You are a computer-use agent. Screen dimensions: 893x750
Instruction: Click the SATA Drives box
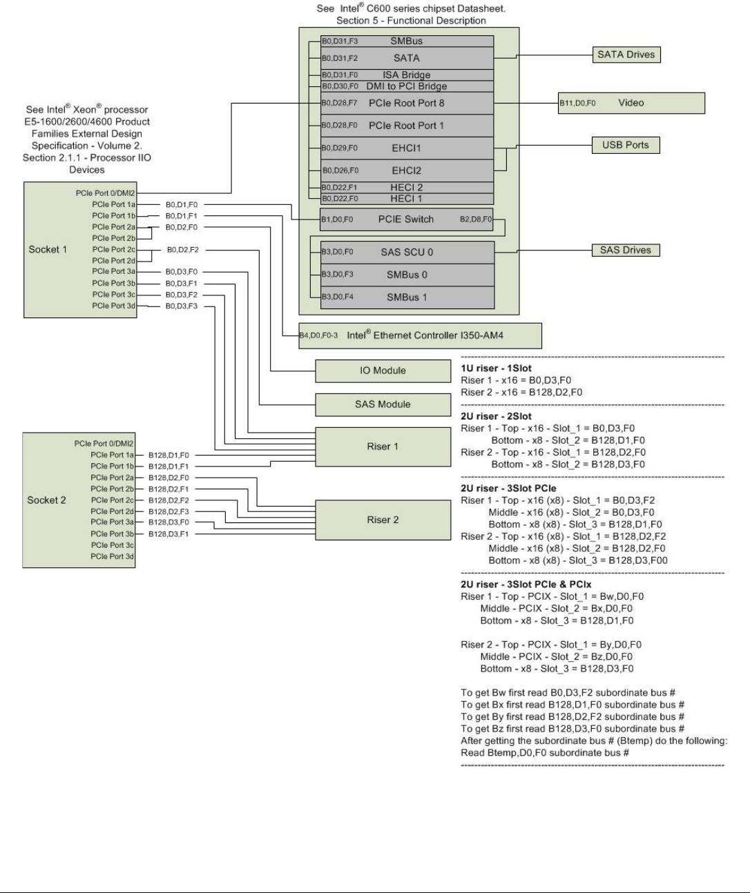click(x=626, y=55)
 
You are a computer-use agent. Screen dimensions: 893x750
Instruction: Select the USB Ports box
click(x=626, y=145)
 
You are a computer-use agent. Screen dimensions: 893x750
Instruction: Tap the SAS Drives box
click(x=626, y=250)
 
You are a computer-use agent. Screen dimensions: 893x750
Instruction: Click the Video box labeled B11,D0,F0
click(x=631, y=103)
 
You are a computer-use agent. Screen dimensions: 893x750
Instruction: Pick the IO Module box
click(x=383, y=371)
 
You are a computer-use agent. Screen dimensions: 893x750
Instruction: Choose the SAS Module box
click(x=383, y=404)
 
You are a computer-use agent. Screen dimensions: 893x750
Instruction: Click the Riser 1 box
click(x=383, y=446)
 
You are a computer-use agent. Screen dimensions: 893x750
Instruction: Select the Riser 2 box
click(x=383, y=520)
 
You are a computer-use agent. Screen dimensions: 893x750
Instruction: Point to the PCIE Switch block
click(x=406, y=219)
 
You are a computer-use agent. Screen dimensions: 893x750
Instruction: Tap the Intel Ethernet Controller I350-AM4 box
click(x=420, y=335)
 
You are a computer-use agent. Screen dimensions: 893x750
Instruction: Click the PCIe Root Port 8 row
click(x=407, y=103)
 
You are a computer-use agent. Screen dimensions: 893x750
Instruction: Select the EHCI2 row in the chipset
click(x=407, y=170)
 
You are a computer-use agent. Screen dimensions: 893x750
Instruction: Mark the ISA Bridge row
click(x=407, y=75)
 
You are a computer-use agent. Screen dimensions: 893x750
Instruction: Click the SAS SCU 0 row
click(x=407, y=252)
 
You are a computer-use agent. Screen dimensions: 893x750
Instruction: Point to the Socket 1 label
click(x=48, y=249)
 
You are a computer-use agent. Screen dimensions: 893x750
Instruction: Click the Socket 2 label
click(x=46, y=500)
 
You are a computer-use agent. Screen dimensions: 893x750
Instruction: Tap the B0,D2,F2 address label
click(x=182, y=250)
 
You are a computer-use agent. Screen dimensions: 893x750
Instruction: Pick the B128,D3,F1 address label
click(x=169, y=534)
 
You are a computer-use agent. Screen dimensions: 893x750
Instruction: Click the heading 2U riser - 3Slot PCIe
click(x=508, y=488)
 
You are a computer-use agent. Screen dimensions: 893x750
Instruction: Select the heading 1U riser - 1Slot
click(x=496, y=368)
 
